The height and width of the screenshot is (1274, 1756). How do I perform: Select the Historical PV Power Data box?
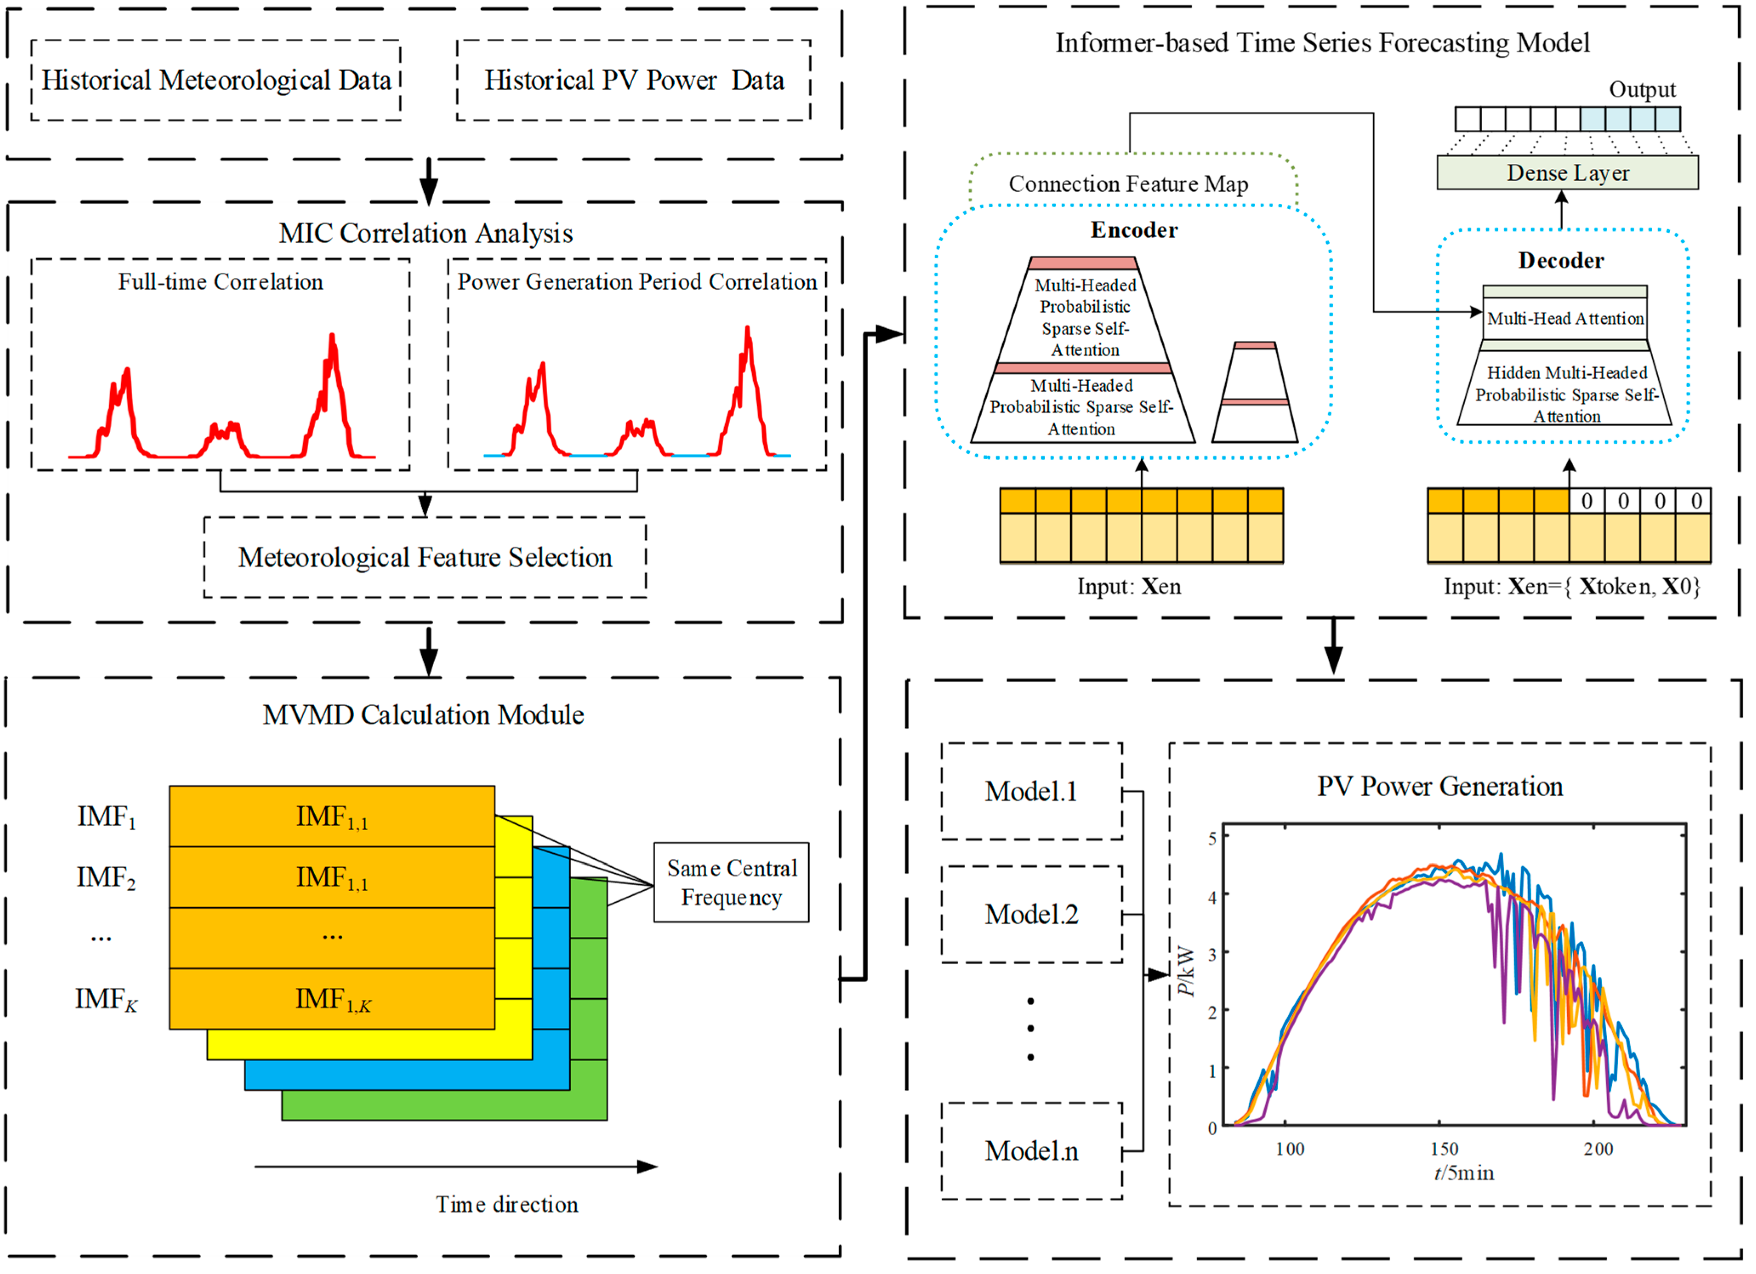[634, 80]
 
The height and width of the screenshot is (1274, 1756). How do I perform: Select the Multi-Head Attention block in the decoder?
[1565, 318]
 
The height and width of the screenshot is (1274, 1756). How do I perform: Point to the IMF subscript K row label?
[106, 1000]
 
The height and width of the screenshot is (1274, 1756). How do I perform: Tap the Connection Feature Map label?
[1128, 184]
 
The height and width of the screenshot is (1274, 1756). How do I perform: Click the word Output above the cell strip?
[1642, 90]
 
